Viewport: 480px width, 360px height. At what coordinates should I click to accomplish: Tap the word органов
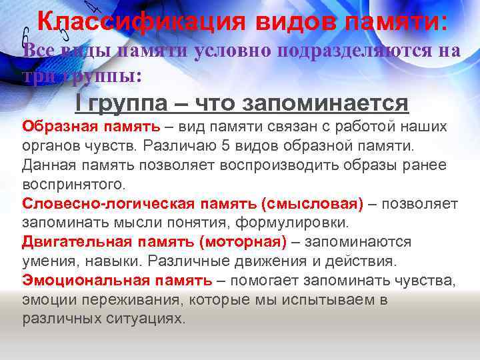[49, 145]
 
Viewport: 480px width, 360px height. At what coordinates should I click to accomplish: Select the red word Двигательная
[68, 241]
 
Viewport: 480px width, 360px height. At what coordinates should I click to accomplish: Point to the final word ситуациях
[147, 318]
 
